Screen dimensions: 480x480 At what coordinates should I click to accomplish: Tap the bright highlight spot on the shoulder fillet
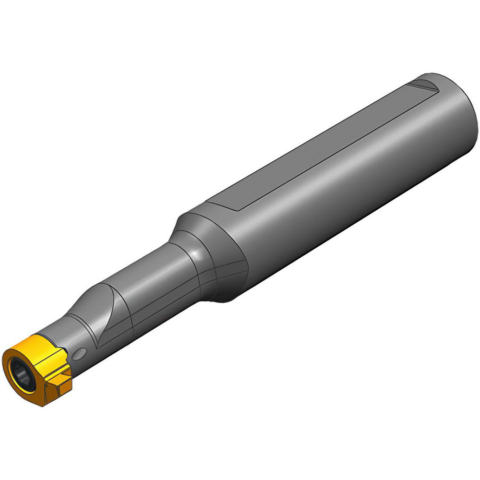[x=194, y=252]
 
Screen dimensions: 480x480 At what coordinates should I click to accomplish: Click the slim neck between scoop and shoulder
[x=158, y=288]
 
